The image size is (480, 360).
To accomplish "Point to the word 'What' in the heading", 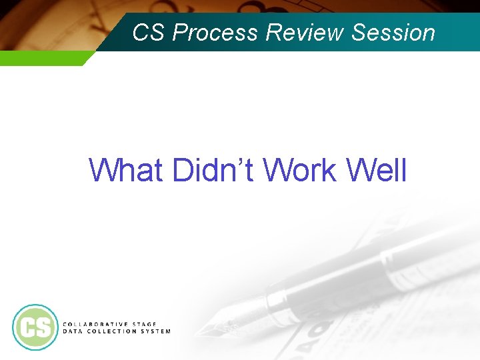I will pyautogui.click(x=127, y=170).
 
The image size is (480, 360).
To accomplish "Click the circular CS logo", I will pyautogui.click(x=35, y=327).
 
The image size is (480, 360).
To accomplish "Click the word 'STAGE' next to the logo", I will pyautogui.click(x=141, y=324).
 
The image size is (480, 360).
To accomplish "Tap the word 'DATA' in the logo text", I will pyautogui.click(x=71, y=331).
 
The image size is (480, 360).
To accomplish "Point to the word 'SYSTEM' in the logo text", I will pyautogui.click(x=154, y=331).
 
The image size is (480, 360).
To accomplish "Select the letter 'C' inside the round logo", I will pyautogui.click(x=27, y=327).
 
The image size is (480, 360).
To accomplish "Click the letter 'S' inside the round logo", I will pyautogui.click(x=43, y=327).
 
